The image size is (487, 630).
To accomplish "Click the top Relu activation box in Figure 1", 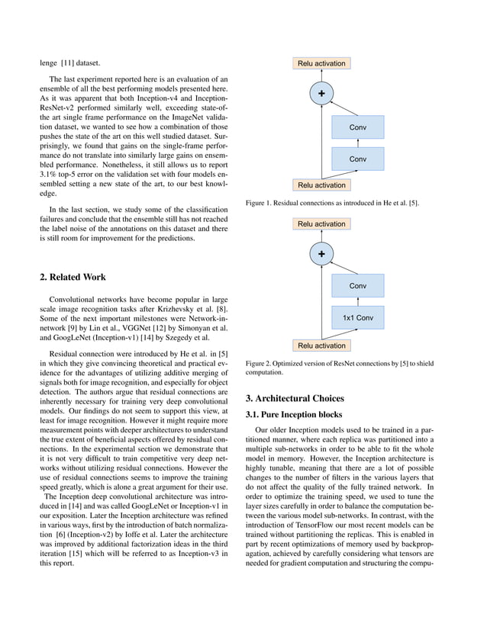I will tap(321, 63).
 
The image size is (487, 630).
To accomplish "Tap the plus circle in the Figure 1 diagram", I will tap(321, 93).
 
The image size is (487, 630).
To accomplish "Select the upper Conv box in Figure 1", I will tap(357, 127).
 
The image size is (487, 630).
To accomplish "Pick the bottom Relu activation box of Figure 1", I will tap(321, 185).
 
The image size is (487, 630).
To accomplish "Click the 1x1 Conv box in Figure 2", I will tap(357, 317).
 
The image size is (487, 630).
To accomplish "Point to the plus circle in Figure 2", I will tap(321, 254).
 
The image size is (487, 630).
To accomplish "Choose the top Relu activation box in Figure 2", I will tap(321, 224).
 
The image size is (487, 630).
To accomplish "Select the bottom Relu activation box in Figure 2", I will tap(321, 346).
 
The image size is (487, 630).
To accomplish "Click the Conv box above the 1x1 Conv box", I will tap(357, 286).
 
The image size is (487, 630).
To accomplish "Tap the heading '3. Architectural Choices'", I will tap(295, 398).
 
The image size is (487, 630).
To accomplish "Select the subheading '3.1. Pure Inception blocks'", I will tap(292, 415).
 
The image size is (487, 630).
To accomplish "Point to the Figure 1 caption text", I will tap(332, 204).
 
